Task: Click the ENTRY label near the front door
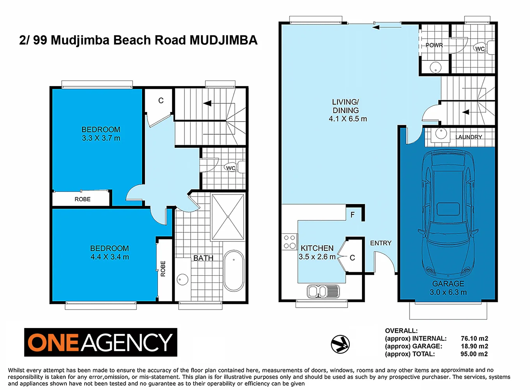381,243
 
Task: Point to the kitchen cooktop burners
290,241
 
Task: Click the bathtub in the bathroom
234,270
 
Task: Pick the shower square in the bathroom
228,216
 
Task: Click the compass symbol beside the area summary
340,344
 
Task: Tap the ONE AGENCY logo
101,342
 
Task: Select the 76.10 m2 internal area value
474,339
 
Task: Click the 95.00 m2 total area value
474,354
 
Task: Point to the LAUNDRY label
468,137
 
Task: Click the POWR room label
434,45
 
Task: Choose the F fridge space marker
353,214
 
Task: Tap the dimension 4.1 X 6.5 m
347,119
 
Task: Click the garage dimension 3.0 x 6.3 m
448,292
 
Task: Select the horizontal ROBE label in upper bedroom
83,199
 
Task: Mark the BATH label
203,258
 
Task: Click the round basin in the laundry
441,133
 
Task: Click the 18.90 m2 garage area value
474,346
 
